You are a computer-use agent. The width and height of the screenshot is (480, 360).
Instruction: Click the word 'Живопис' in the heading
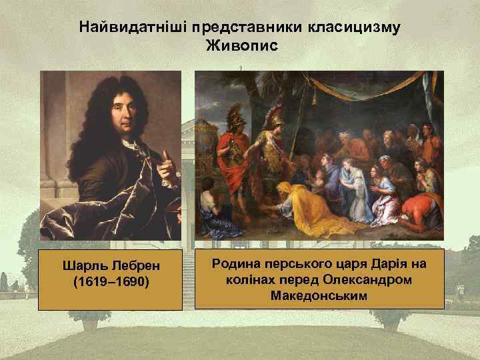[240, 46]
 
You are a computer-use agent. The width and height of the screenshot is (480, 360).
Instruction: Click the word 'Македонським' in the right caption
[319, 294]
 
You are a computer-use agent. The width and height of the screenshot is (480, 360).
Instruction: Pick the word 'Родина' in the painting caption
[233, 265]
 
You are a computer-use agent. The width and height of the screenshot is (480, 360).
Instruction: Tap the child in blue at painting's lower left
[212, 206]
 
